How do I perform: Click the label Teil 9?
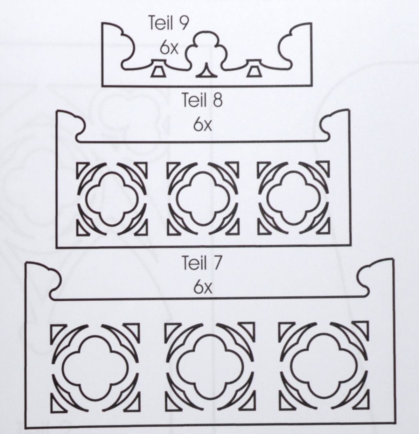(x=169, y=23)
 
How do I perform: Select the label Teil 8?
(x=202, y=100)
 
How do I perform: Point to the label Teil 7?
(x=202, y=263)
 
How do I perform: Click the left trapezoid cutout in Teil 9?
(x=159, y=72)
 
